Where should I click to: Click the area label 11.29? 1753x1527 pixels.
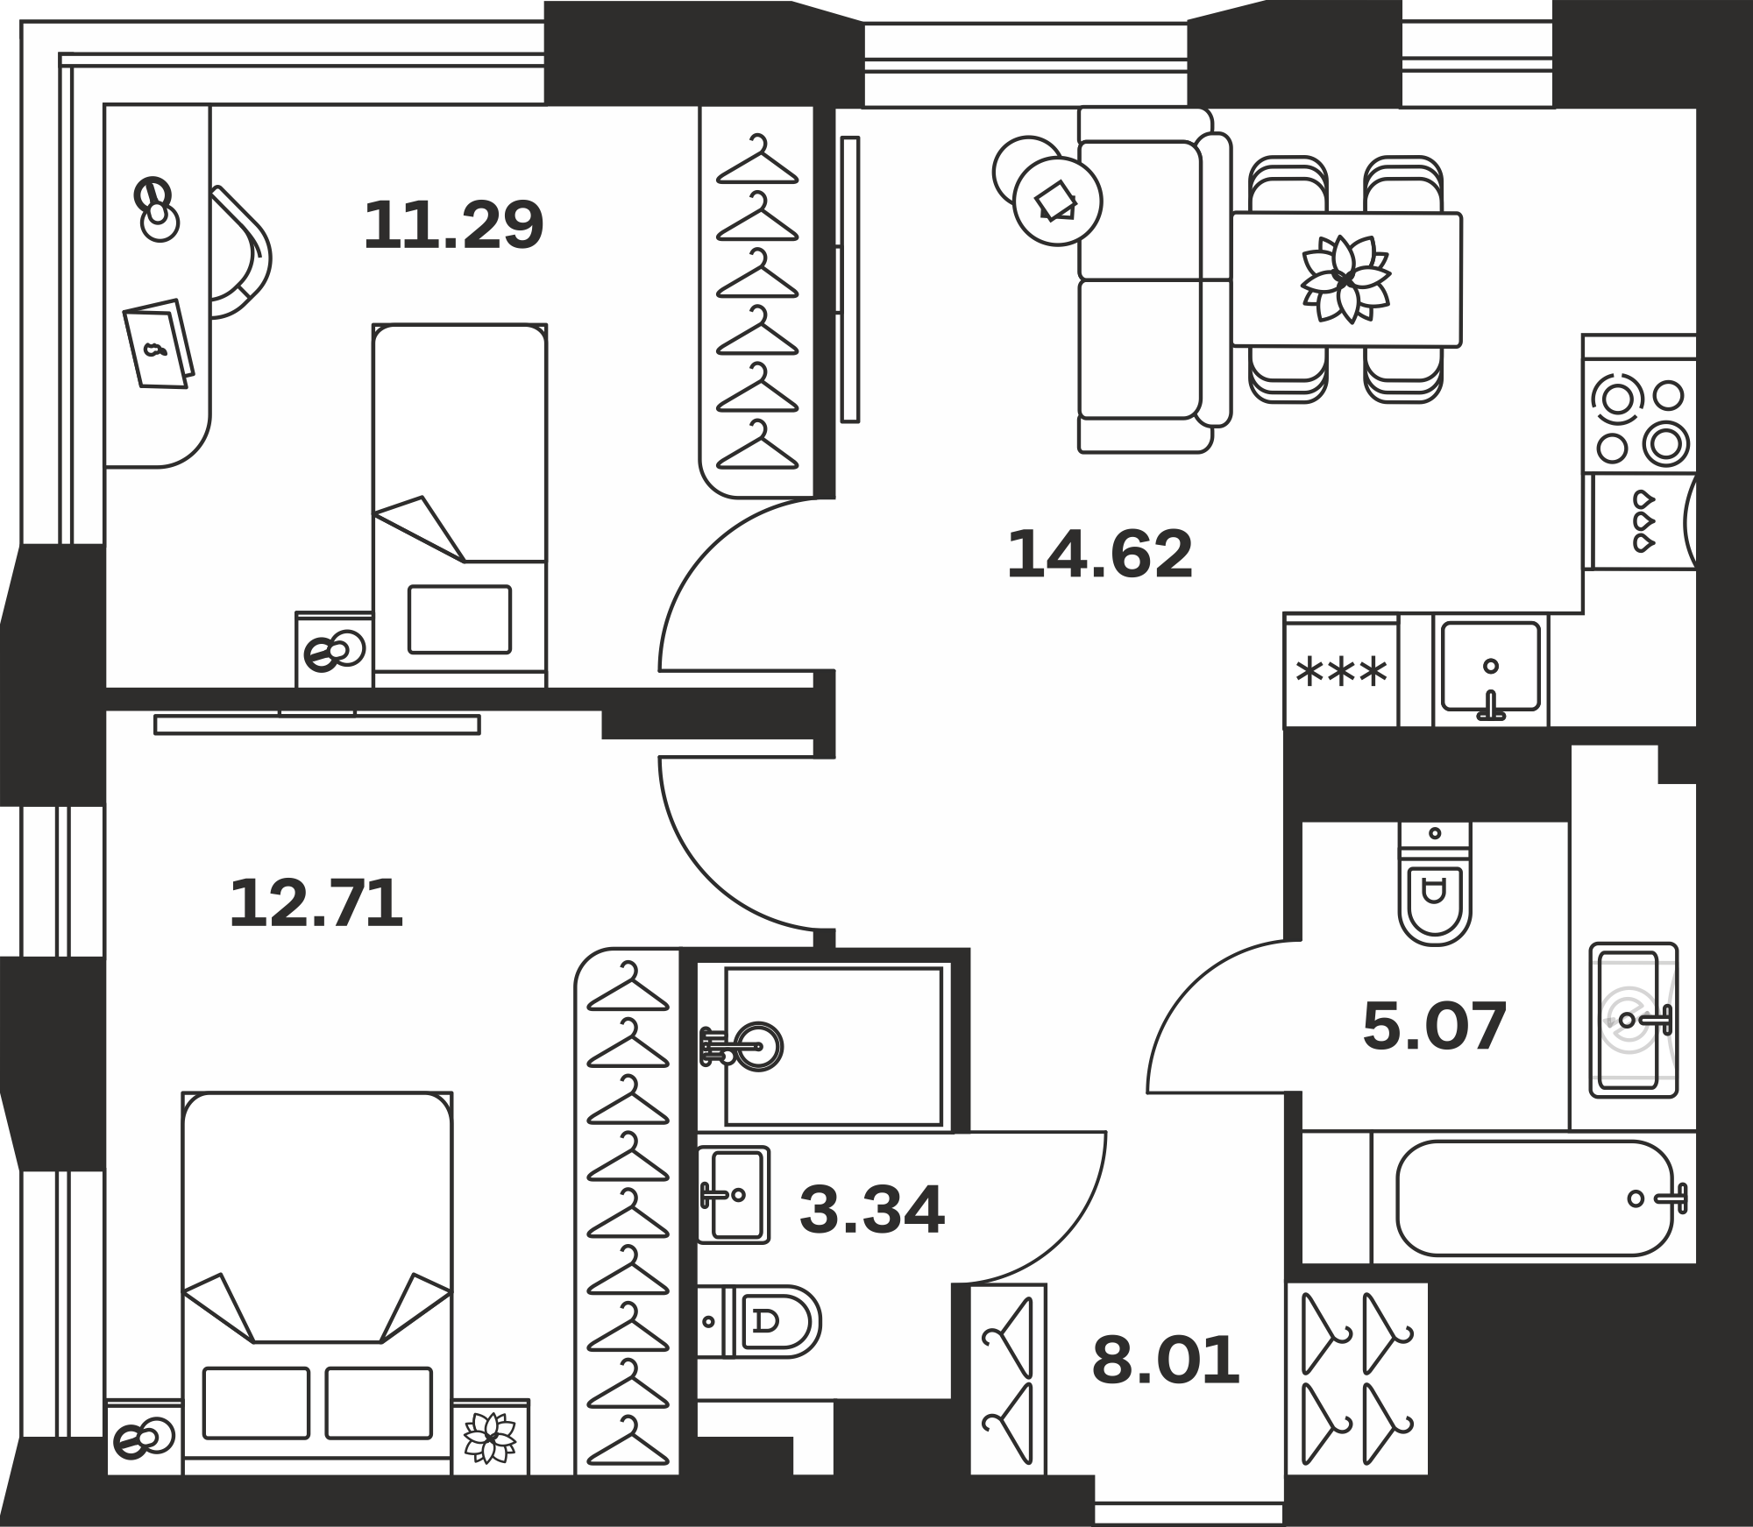click(x=454, y=225)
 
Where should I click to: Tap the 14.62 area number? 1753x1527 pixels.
click(x=1100, y=555)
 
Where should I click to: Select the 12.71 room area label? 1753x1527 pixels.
click(x=316, y=904)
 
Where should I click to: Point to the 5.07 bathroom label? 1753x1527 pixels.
click(x=1434, y=1026)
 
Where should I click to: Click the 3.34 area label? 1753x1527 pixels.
click(x=872, y=1210)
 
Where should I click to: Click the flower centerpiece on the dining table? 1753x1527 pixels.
click(x=1345, y=279)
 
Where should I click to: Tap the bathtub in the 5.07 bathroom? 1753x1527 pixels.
click(x=1537, y=1198)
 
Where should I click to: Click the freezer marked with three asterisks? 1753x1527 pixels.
click(x=1341, y=671)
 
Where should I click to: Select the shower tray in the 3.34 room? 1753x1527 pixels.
click(x=834, y=1047)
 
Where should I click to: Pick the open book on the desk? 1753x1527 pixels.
click(x=159, y=343)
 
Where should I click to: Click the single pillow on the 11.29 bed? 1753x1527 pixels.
click(x=459, y=619)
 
